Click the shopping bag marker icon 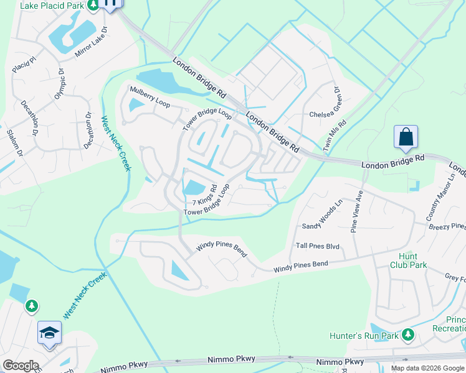pyautogui.click(x=406, y=137)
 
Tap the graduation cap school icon pyautogui.click(x=49, y=332)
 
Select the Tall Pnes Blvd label pyautogui.click(x=318, y=246)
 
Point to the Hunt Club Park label pyautogui.click(x=413, y=260)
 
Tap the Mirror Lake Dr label pyautogui.click(x=92, y=42)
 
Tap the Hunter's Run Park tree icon pyautogui.click(x=408, y=335)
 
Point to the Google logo pyautogui.click(x=21, y=366)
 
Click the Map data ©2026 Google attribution pyautogui.click(x=427, y=367)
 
